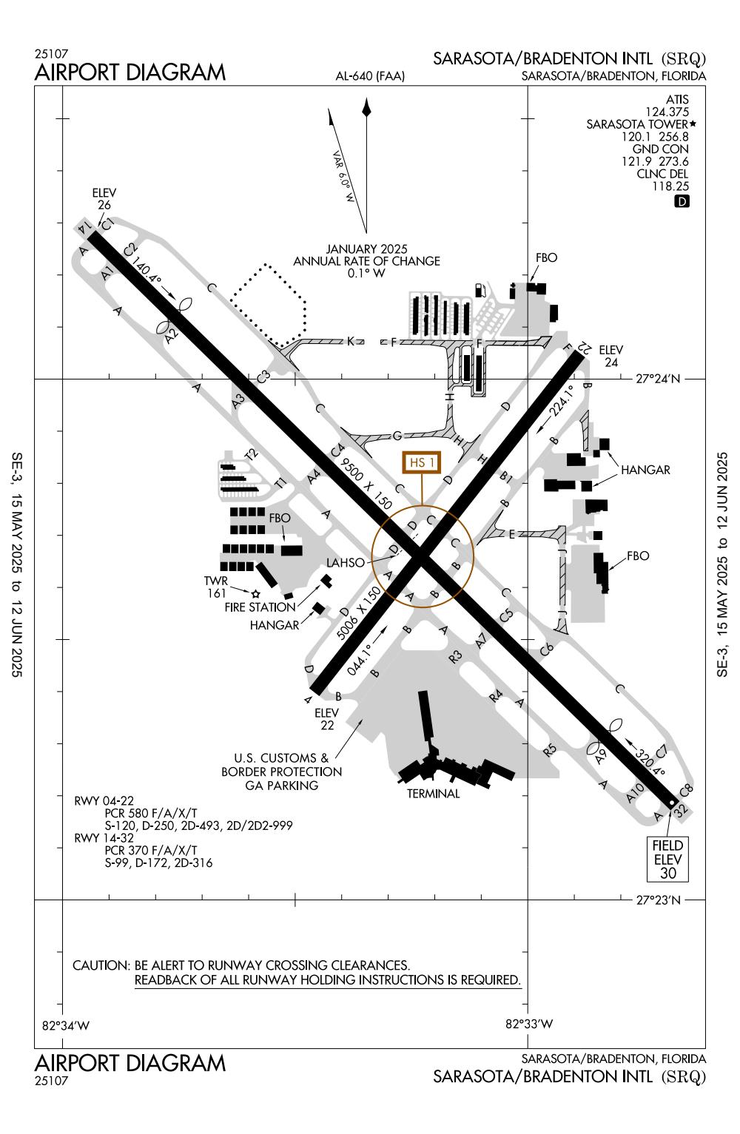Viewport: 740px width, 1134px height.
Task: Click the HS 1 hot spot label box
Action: [421, 463]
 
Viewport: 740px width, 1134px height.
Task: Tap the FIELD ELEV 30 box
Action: [668, 859]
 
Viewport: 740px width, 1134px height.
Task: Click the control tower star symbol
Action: [256, 593]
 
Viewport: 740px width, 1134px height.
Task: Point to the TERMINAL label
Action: [433, 794]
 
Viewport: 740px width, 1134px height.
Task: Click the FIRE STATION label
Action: [260, 607]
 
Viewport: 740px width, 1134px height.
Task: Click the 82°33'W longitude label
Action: [528, 1025]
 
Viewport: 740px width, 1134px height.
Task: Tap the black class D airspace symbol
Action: [682, 200]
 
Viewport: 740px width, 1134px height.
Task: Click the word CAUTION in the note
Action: [101, 965]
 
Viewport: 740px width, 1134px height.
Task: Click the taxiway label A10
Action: [635, 794]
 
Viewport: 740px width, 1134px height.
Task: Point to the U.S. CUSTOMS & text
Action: [281, 758]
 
